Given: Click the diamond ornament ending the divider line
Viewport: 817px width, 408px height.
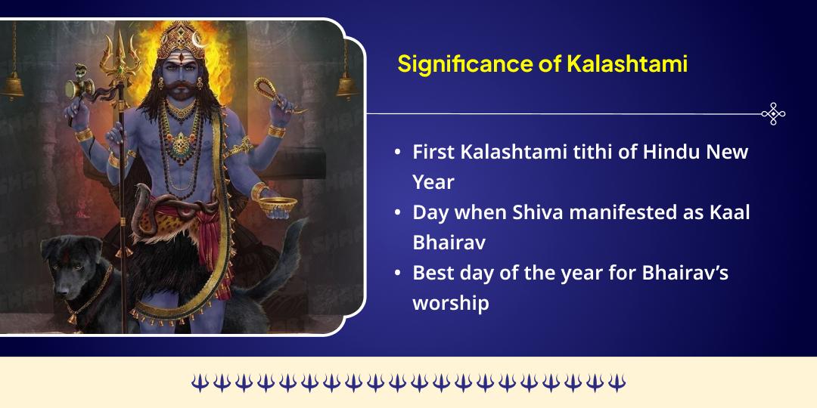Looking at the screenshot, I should [772, 114].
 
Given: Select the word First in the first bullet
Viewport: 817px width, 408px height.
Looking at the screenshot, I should [433, 152].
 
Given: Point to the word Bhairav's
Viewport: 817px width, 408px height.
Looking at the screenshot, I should [685, 273].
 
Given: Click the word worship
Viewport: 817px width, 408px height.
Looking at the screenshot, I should [451, 303].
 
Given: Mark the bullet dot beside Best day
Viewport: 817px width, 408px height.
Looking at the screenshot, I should [398, 274].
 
